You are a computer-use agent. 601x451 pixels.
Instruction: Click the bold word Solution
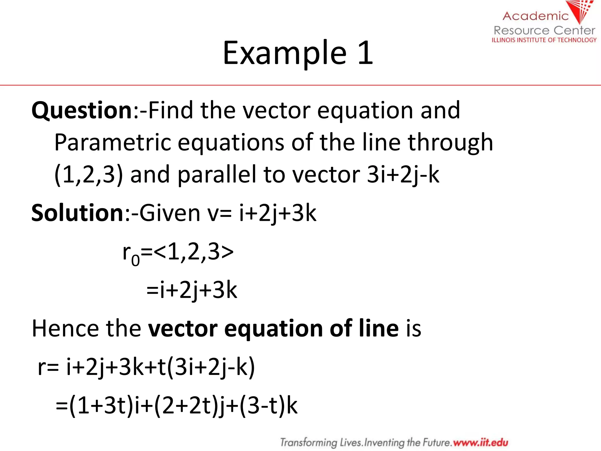[x=77, y=213]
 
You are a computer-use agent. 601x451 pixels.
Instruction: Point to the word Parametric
[x=112, y=142]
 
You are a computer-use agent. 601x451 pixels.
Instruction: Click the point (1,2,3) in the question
[x=88, y=175]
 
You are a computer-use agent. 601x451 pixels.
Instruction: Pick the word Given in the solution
[x=170, y=213]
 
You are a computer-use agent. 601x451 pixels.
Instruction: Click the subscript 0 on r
[x=135, y=260]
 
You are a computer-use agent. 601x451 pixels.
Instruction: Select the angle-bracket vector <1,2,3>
[x=193, y=252]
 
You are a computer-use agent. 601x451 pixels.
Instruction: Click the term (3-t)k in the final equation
[x=269, y=406]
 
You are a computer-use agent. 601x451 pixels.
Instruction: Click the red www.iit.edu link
[x=480, y=442]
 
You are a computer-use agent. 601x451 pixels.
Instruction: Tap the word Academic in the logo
[x=536, y=16]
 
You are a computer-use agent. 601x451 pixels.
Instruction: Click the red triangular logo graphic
[x=580, y=11]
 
